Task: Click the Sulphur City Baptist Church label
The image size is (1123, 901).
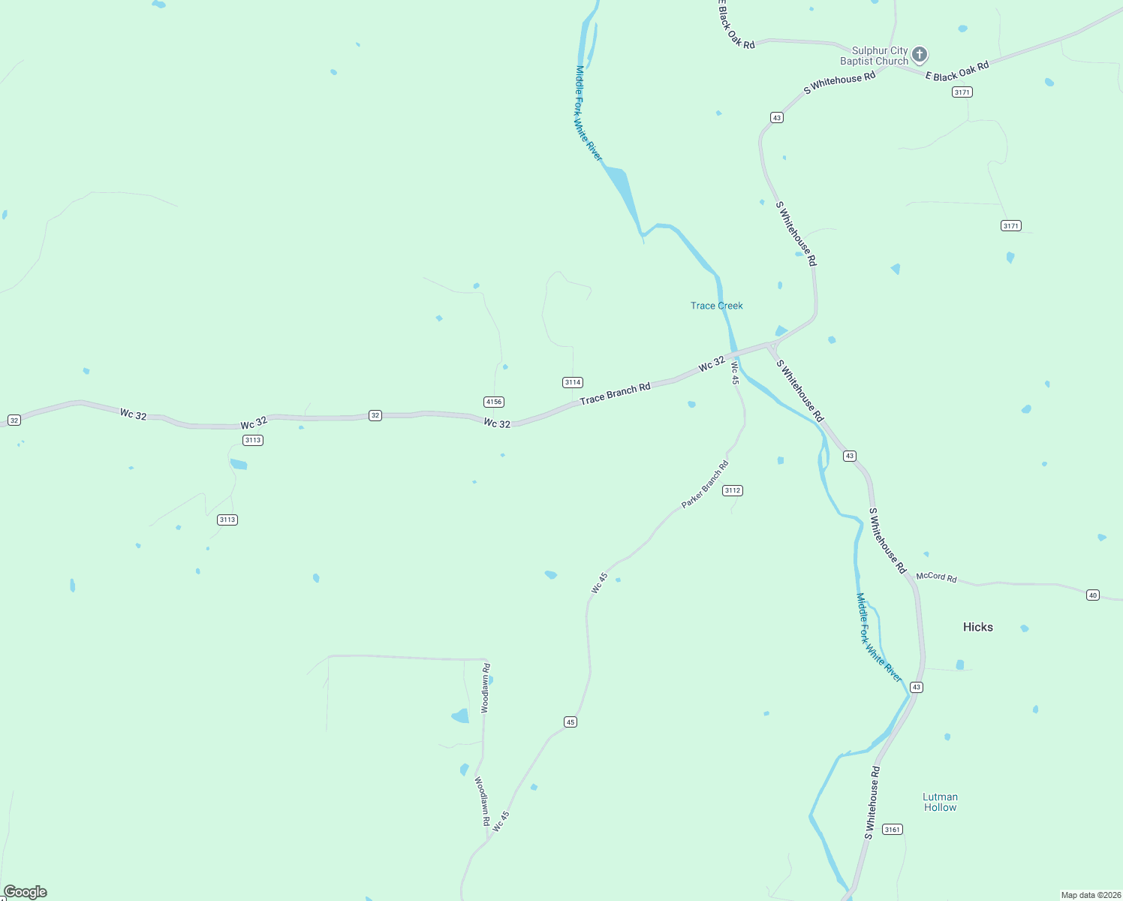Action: (874, 56)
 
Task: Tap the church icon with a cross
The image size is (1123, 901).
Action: (920, 55)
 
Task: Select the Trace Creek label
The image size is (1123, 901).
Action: (716, 306)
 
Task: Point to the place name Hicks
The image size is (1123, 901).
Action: (977, 627)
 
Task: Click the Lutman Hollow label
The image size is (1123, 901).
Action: (940, 802)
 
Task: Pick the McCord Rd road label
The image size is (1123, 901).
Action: (936, 577)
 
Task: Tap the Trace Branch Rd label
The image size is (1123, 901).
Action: (615, 394)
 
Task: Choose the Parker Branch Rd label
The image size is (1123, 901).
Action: (705, 484)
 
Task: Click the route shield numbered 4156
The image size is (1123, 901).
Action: (493, 402)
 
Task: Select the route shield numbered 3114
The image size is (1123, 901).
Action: (573, 382)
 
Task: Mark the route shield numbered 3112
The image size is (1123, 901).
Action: (732, 490)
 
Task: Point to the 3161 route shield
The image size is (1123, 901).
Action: (892, 829)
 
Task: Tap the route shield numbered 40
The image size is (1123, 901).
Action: (1092, 595)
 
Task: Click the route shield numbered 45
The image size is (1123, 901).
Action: (571, 722)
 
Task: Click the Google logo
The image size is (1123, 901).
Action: (26, 892)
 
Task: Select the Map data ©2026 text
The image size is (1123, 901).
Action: (1089, 895)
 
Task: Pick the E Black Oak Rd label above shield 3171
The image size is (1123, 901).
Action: (957, 71)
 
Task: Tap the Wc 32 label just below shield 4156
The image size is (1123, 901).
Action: (497, 423)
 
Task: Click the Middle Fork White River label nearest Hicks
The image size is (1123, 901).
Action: (878, 637)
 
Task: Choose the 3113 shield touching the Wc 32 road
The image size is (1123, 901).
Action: (253, 440)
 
